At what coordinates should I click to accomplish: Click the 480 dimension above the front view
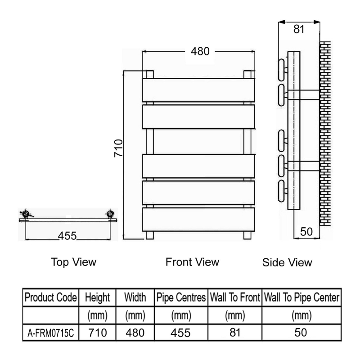200,51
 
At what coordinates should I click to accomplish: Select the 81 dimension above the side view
298,30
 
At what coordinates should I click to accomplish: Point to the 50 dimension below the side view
306,231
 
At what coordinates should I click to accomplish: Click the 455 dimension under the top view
67,236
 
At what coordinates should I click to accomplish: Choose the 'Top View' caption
74,262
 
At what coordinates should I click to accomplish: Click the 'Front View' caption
192,261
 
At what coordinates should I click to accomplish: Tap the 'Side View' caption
287,262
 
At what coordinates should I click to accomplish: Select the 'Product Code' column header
51,298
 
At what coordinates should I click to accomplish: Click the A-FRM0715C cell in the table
51,333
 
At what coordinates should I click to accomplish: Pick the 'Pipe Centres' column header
180,298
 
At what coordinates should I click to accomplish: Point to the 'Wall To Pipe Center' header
301,298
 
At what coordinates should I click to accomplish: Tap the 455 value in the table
180,333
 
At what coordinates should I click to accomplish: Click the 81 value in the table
234,333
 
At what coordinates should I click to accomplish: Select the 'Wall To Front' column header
234,298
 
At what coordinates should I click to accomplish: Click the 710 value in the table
97,333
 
